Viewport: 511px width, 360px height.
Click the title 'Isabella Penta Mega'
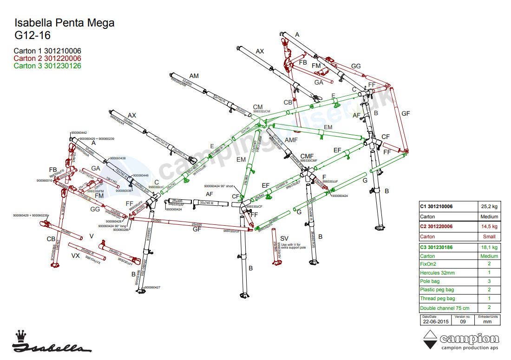point(64,23)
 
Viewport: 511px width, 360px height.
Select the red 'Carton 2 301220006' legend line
point(47,59)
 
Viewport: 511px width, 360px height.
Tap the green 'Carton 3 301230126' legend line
point(47,66)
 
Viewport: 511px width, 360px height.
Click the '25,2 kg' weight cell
point(488,207)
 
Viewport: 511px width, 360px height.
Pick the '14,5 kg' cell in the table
point(488,227)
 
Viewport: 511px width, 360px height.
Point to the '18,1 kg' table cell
point(488,247)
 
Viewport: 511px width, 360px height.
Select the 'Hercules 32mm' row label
point(437,273)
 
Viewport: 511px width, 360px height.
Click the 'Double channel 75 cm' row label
point(445,308)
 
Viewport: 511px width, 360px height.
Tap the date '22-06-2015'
point(436,321)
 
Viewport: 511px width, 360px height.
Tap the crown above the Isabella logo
point(20,335)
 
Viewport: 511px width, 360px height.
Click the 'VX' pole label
point(75,255)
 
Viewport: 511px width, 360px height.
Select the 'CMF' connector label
point(307,156)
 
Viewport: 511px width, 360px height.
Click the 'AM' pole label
point(194,76)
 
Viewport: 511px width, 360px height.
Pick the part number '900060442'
point(79,133)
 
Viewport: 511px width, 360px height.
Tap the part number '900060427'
point(152,288)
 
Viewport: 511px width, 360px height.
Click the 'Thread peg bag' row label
point(437,299)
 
